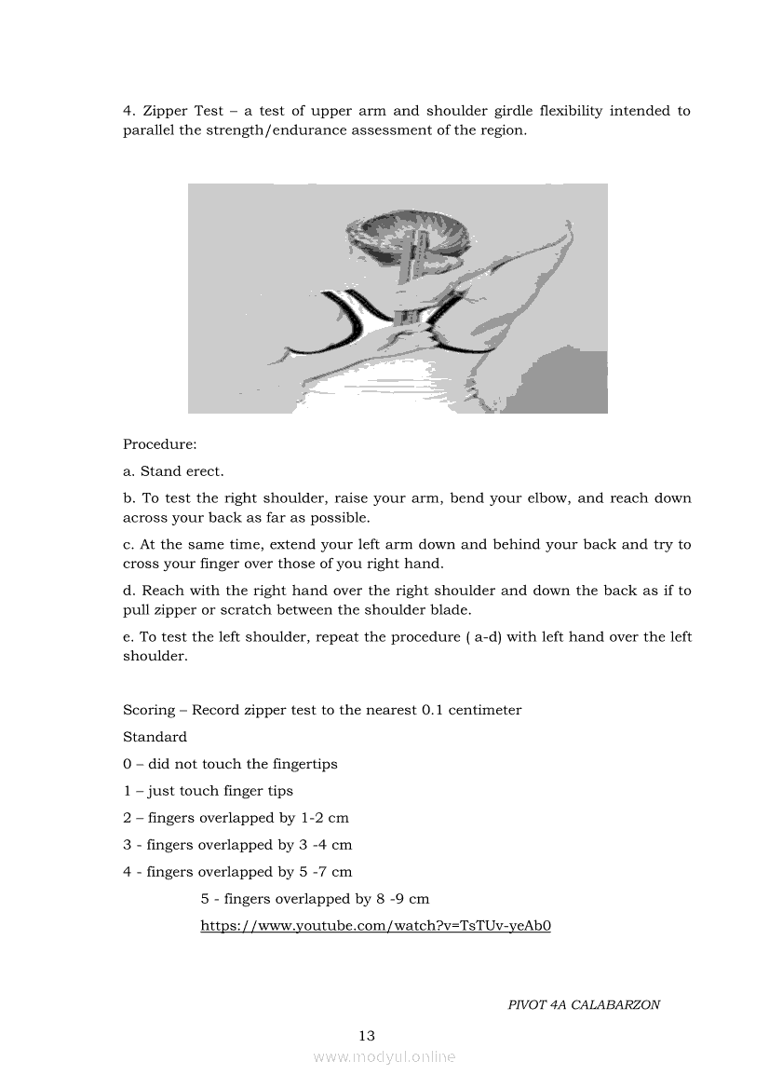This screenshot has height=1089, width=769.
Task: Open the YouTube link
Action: click(x=375, y=926)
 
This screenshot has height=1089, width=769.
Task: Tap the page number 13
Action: click(x=367, y=1036)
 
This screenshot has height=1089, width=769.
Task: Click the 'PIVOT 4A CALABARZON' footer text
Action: click(x=584, y=1005)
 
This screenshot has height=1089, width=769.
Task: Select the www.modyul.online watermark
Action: click(x=384, y=1057)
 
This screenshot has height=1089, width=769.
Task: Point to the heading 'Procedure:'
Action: click(x=160, y=444)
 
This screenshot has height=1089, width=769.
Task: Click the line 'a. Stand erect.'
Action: click(x=173, y=471)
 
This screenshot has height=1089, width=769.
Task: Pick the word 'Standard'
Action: click(x=155, y=737)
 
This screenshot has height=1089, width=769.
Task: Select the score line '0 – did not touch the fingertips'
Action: click(x=230, y=764)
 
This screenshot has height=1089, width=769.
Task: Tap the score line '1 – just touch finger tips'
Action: click(x=208, y=791)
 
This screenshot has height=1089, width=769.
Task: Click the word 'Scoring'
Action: click(x=149, y=710)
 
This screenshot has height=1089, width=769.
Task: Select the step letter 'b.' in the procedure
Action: click(x=129, y=498)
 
